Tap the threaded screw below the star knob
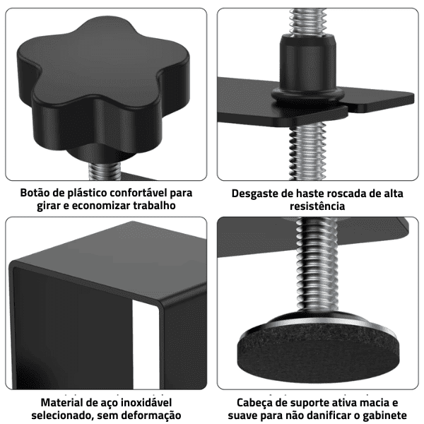pyautogui.click(x=105, y=171)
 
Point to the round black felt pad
pyautogui.click(x=318, y=351)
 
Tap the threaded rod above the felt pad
pyautogui.click(x=317, y=265)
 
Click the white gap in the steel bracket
pyautogui.click(x=146, y=344)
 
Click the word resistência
pyautogui.click(x=317, y=206)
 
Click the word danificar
pyautogui.click(x=324, y=416)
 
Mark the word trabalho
pyautogui.click(x=154, y=206)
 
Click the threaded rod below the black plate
pyautogui.click(x=307, y=151)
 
